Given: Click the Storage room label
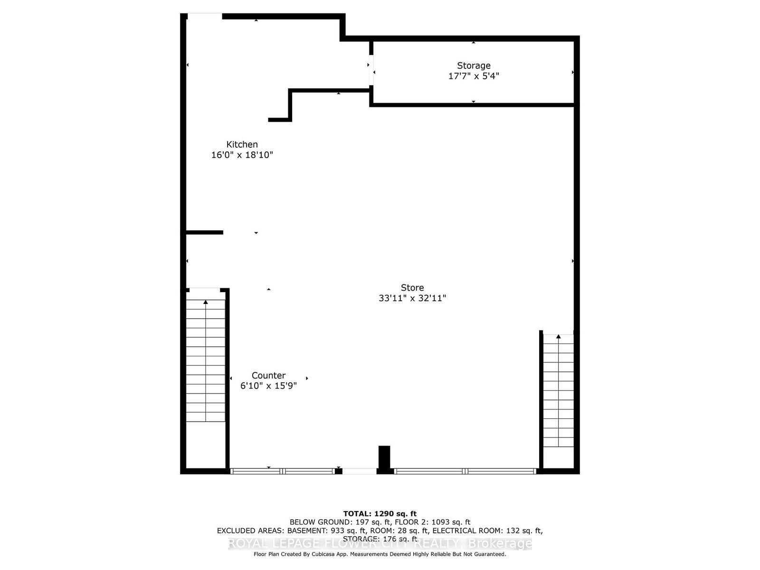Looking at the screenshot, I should click(x=474, y=66).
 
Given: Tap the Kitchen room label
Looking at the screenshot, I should click(x=242, y=144).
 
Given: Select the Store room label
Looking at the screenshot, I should click(x=412, y=287).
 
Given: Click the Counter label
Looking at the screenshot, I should click(x=268, y=375).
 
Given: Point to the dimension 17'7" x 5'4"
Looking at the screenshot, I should click(x=474, y=76).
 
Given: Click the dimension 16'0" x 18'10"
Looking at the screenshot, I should click(x=242, y=155).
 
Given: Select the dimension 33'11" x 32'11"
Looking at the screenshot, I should click(x=412, y=298).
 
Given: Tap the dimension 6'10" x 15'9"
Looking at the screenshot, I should click(x=268, y=386).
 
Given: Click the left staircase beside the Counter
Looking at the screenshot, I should click(x=205, y=361).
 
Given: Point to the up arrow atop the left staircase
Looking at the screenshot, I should click(x=206, y=303).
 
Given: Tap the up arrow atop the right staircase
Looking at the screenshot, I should click(x=559, y=337).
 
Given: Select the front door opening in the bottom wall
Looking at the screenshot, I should click(x=360, y=471).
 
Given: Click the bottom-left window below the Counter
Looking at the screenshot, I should click(x=283, y=471).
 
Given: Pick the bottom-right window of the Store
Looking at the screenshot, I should click(x=465, y=471).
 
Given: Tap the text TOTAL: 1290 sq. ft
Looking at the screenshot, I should click(x=380, y=513).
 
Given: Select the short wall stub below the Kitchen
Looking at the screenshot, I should click(x=204, y=232).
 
